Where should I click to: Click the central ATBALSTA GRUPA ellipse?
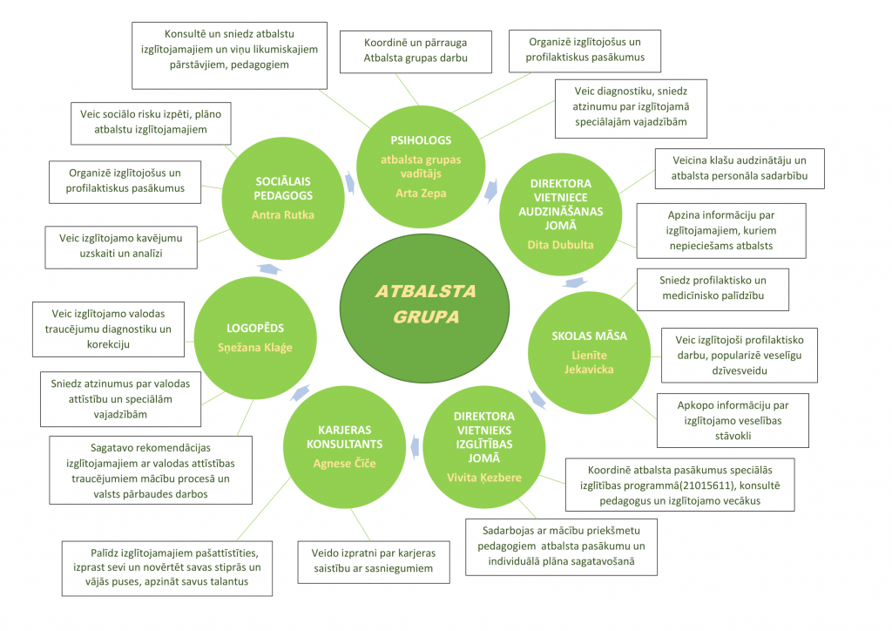click(x=424, y=303)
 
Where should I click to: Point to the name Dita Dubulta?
click(x=560, y=245)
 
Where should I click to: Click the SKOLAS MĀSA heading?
click(x=590, y=336)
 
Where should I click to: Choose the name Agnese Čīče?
click(x=344, y=463)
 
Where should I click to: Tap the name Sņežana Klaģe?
click(x=255, y=347)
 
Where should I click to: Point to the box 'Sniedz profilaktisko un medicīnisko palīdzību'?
click(x=713, y=289)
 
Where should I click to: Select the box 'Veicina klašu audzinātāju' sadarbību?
click(x=740, y=168)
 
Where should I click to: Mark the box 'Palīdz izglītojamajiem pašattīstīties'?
click(x=167, y=567)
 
